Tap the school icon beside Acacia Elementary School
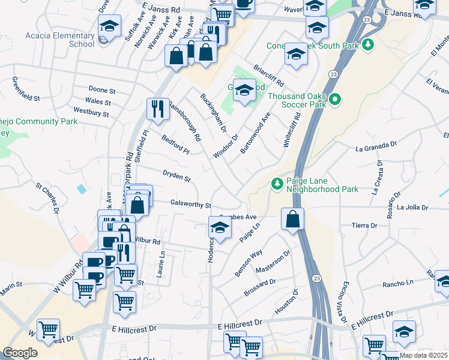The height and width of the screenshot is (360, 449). tap(109, 26)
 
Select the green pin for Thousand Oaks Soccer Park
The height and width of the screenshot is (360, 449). tap(335, 99)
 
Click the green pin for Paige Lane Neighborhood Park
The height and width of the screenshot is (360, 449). tap(277, 184)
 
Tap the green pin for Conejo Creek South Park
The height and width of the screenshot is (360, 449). tap(369, 45)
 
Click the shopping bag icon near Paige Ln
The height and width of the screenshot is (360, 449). tap(292, 220)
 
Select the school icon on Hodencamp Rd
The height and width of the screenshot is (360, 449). tap(220, 228)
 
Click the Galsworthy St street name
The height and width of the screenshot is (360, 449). tap(190, 204)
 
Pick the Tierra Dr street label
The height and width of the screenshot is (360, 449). tap(364, 226)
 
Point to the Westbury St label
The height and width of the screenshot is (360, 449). tap(91, 112)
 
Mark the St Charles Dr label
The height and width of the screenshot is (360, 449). tap(47, 199)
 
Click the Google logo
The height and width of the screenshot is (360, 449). tap(20, 353)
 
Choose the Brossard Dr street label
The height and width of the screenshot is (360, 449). tap(260, 287)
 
